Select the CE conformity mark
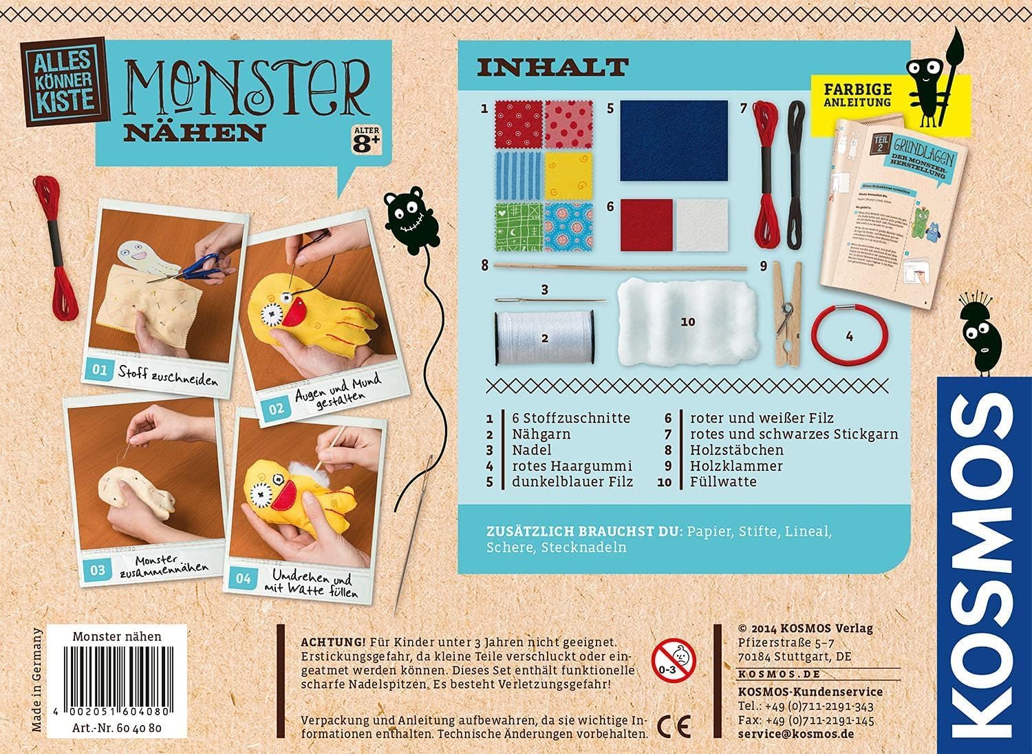(x=674, y=725)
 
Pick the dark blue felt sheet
(x=674, y=140)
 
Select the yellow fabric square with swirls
(x=568, y=175)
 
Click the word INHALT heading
(x=552, y=67)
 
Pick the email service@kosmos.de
(x=795, y=734)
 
